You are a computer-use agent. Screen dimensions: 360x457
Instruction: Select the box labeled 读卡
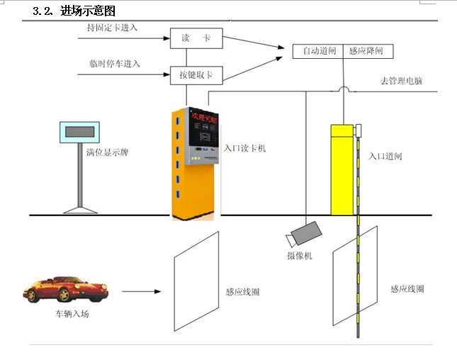187,38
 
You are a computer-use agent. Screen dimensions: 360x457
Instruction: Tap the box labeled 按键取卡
187,74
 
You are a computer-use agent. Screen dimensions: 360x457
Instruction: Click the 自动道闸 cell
317,51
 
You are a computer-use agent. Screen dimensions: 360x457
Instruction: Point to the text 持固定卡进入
112,28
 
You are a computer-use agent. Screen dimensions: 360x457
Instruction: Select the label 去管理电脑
401,81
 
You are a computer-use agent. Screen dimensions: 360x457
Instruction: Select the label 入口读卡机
244,149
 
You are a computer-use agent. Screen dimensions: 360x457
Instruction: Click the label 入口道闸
386,156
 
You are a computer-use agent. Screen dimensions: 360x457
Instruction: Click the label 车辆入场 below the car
72,313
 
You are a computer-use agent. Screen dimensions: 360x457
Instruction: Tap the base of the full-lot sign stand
78,210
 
